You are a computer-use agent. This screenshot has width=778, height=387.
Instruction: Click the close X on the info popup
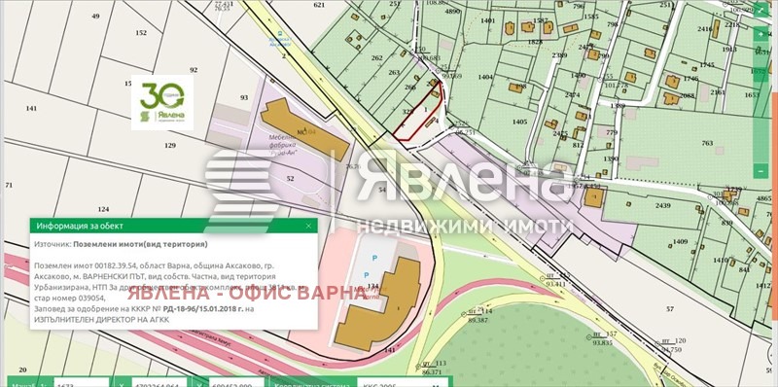coord(310,226)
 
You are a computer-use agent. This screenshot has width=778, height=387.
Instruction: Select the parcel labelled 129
coord(170,145)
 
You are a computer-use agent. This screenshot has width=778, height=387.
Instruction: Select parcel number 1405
coord(519,122)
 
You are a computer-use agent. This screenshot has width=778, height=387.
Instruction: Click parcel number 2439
coord(663,207)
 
